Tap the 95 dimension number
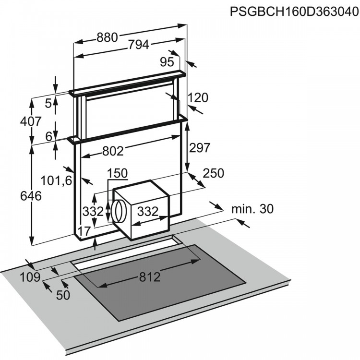(167, 61)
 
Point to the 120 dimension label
(198, 98)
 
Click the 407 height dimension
(31, 121)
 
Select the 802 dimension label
(113, 151)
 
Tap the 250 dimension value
(213, 173)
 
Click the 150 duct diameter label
(118, 173)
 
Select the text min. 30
(252, 209)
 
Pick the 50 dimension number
(63, 295)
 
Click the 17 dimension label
(84, 232)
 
